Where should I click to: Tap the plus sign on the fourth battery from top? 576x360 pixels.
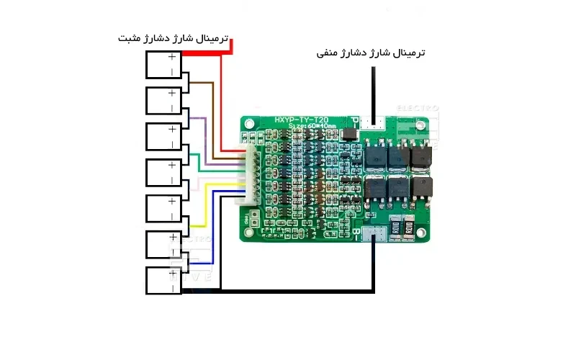171,165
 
